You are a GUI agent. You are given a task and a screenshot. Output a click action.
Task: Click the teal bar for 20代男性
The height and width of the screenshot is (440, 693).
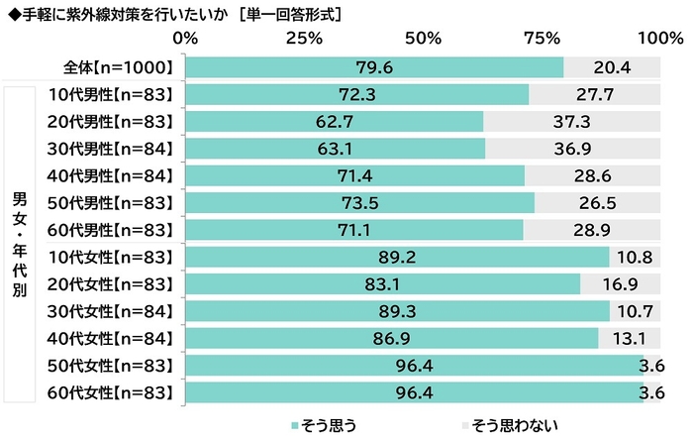click(334, 121)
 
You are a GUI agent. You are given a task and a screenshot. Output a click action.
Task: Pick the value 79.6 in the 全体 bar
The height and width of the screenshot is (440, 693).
click(374, 67)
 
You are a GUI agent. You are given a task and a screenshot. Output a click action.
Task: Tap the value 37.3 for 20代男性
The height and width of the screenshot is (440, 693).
click(572, 121)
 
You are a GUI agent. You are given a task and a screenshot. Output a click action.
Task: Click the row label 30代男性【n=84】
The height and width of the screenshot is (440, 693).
click(112, 149)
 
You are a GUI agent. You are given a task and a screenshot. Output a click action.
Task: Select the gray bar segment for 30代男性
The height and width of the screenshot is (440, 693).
click(573, 149)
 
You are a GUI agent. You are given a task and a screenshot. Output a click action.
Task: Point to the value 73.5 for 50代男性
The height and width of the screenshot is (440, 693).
click(359, 202)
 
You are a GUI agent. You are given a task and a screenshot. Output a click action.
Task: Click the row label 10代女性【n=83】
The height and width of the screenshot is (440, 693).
click(112, 257)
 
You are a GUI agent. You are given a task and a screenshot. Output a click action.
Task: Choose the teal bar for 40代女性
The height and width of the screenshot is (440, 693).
click(392, 337)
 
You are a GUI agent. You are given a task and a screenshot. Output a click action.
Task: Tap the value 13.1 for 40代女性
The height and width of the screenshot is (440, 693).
click(631, 337)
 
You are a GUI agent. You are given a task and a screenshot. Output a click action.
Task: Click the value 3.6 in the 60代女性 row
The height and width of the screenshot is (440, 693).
click(652, 391)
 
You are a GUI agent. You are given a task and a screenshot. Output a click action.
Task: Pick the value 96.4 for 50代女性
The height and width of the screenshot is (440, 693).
click(414, 365)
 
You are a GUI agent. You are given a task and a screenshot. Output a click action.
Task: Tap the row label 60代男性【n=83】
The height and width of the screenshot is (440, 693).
click(112, 229)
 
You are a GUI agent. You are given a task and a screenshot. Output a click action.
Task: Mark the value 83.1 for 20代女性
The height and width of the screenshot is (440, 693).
click(382, 283)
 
